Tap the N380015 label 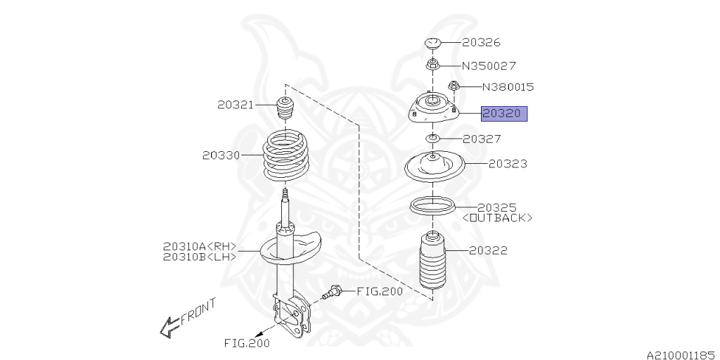(508, 87)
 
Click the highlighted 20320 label (503, 113)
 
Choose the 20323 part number (508, 163)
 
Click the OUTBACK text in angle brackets (498, 218)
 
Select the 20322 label (488, 250)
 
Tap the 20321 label (235, 105)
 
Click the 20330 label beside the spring (220, 155)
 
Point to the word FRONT (198, 311)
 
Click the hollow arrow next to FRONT (169, 326)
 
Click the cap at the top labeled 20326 (432, 44)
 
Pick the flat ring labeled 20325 (432, 207)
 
